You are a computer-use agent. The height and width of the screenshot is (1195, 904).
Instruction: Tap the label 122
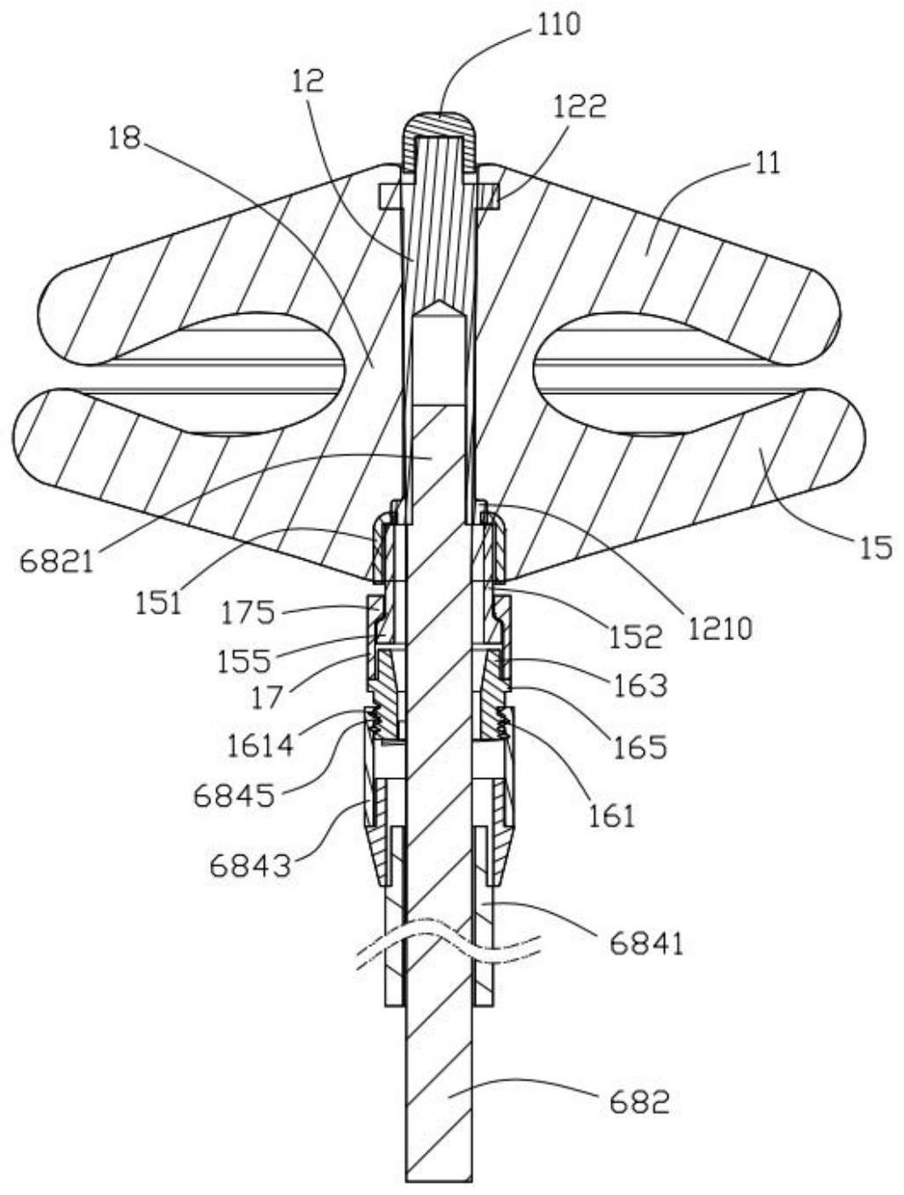(x=580, y=107)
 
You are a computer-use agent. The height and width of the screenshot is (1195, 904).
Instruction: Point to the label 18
(x=125, y=138)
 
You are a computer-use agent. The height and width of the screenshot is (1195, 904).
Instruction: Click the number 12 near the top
(x=308, y=81)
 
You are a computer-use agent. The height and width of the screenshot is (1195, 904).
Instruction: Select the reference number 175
(x=246, y=614)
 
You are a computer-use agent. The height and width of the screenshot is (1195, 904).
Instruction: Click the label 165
(x=639, y=747)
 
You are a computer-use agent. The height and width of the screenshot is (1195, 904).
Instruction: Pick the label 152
(x=635, y=637)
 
